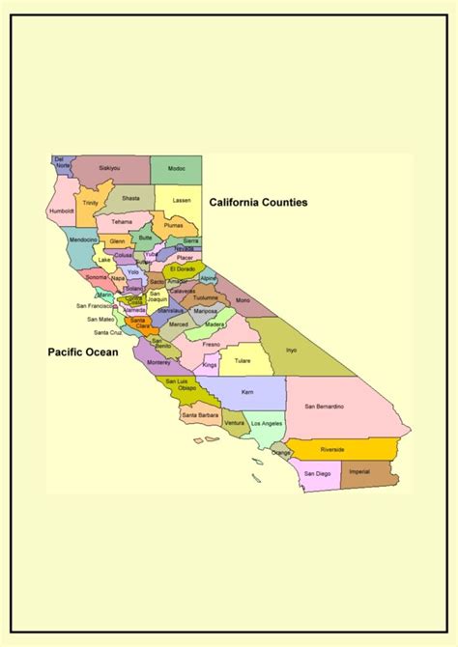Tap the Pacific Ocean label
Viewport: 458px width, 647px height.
coord(83,352)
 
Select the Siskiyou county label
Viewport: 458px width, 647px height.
coord(109,168)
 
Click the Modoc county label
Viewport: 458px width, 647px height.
coord(176,168)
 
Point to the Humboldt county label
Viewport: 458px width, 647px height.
coord(62,209)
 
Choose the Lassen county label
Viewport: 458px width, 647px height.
coord(181,200)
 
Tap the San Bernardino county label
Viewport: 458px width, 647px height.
coord(326,407)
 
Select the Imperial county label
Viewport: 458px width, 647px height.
coord(359,471)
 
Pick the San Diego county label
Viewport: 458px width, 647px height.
coord(317,474)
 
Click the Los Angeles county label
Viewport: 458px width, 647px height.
coord(267,424)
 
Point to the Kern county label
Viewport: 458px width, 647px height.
coord(246,392)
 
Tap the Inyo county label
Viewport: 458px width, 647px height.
coord(291,351)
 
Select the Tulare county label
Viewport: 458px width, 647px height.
coord(242,362)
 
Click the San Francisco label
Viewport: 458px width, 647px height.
coord(96,305)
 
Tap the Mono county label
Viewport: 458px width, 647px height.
coord(243,300)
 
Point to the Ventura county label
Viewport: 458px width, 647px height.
coord(235,423)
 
